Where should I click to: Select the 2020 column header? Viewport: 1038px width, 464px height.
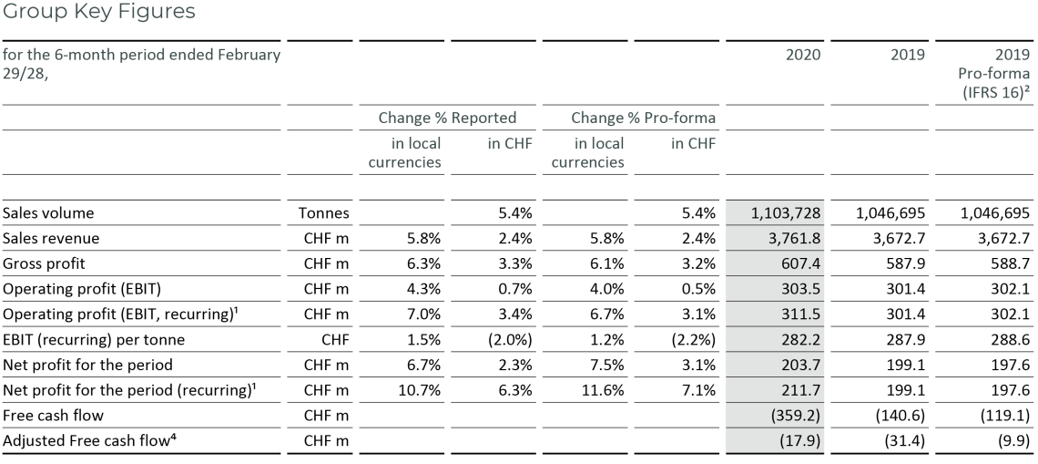(x=803, y=55)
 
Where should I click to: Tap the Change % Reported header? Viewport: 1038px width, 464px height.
(x=447, y=118)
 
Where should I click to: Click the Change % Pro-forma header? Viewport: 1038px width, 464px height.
(x=629, y=118)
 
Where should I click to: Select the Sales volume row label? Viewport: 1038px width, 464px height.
(x=48, y=213)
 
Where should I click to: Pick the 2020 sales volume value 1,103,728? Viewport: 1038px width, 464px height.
(x=787, y=213)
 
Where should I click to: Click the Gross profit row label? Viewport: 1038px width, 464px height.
(x=45, y=264)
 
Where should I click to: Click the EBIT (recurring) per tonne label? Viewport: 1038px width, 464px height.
(x=93, y=340)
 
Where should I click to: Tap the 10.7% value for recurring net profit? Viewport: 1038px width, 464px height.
(x=421, y=391)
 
